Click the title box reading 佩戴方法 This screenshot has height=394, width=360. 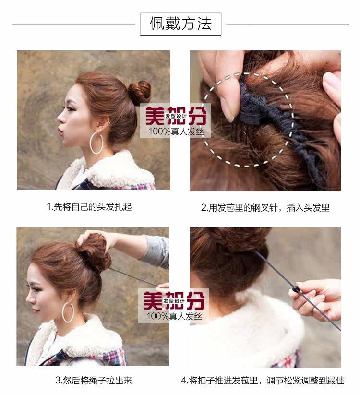coord(180,24)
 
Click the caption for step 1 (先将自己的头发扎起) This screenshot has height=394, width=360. coord(89,207)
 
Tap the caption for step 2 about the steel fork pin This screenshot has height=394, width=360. coord(265,208)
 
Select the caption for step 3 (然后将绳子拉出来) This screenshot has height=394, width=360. coord(93,381)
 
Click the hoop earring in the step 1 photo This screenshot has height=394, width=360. coord(96,143)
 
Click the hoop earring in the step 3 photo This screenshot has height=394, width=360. coord(68,312)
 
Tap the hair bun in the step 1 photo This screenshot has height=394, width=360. coord(140,92)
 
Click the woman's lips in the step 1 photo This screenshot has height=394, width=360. coord(61,129)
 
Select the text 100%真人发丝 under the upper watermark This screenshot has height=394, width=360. coord(175,131)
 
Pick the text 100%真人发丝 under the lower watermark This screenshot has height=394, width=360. coord(175,316)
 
